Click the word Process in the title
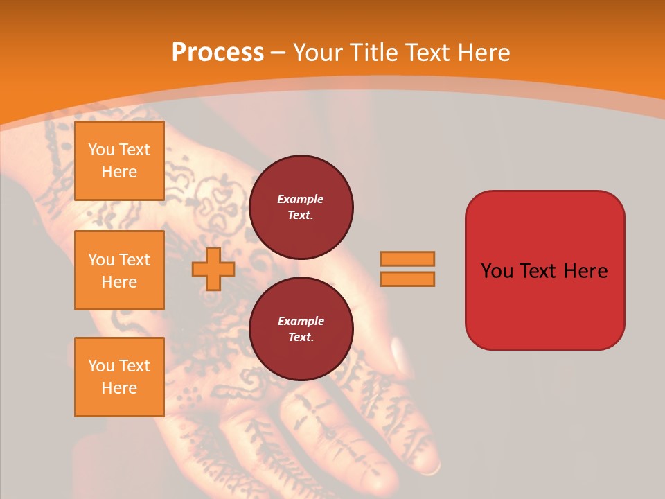pos(218,53)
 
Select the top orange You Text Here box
pos(119,161)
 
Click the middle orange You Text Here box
pos(119,270)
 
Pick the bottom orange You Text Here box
pos(119,377)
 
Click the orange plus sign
pos(213,269)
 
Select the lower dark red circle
pos(301,329)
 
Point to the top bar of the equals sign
pos(407,259)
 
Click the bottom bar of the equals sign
pos(407,279)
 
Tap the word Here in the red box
pos(585,271)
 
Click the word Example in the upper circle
pos(300,199)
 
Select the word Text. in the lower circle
pos(301,338)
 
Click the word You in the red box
pos(497,271)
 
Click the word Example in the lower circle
pos(300,321)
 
